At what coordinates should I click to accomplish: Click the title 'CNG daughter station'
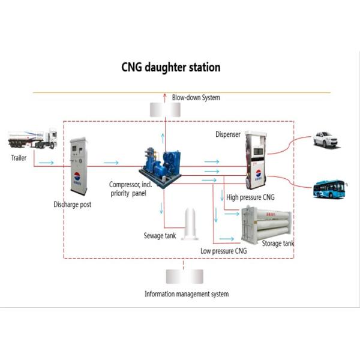171,67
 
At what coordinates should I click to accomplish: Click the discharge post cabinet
78,166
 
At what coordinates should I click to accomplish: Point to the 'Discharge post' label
72,205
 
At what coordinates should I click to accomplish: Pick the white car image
325,140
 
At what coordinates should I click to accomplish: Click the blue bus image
329,189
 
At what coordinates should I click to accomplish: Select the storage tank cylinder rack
266,224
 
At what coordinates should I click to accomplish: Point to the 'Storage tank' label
278,244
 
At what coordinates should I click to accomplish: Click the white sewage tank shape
190,223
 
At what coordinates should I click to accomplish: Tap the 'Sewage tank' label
160,236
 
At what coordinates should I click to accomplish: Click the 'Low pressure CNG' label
223,251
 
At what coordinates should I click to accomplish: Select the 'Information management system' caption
186,294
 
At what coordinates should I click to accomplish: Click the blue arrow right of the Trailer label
46,163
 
